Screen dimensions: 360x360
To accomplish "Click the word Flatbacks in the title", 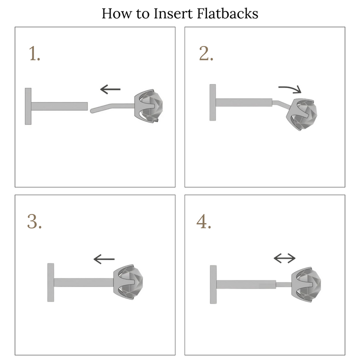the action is coord(227,13).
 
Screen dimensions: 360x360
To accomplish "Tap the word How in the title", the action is coord(116,13).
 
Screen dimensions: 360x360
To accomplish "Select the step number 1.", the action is coord(34,53).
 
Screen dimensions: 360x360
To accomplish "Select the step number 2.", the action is coord(206,53).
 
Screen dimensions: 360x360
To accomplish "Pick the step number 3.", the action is coord(34,221).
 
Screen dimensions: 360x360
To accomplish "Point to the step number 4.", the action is coord(204,221).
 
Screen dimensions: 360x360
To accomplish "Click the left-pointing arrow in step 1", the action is coord(110,89).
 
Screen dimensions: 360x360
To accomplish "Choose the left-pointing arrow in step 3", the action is coord(104,259).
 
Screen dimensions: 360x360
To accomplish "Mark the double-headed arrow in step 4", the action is coord(284,258).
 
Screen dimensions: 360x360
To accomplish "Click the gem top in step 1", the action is coord(148,106).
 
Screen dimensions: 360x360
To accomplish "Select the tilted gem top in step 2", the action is coord(301,114).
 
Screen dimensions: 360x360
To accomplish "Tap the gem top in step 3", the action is coord(128,281).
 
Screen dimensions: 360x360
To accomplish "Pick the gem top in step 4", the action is coord(306,284).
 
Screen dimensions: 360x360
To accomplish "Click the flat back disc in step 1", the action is coord(28,106).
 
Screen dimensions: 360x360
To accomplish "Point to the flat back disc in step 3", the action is coord(50,282).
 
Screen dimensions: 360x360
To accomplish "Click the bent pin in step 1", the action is coord(112,107).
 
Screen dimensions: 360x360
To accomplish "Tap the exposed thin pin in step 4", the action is coord(284,284).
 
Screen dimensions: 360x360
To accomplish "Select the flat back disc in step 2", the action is coord(212,102).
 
